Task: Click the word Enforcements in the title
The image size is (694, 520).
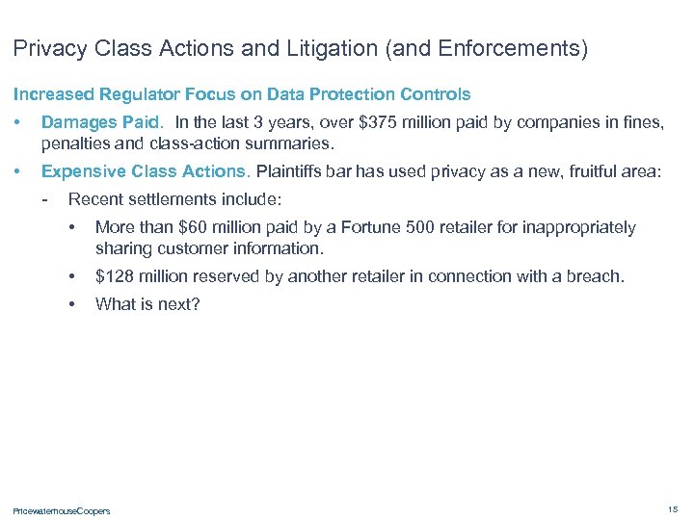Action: pyautogui.click(x=508, y=48)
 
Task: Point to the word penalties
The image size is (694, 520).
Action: pyautogui.click(x=74, y=144)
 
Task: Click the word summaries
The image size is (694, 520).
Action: pyautogui.click(x=288, y=144)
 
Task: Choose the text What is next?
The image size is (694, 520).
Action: pyautogui.click(x=147, y=304)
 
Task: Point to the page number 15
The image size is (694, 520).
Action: pyautogui.click(x=672, y=508)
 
